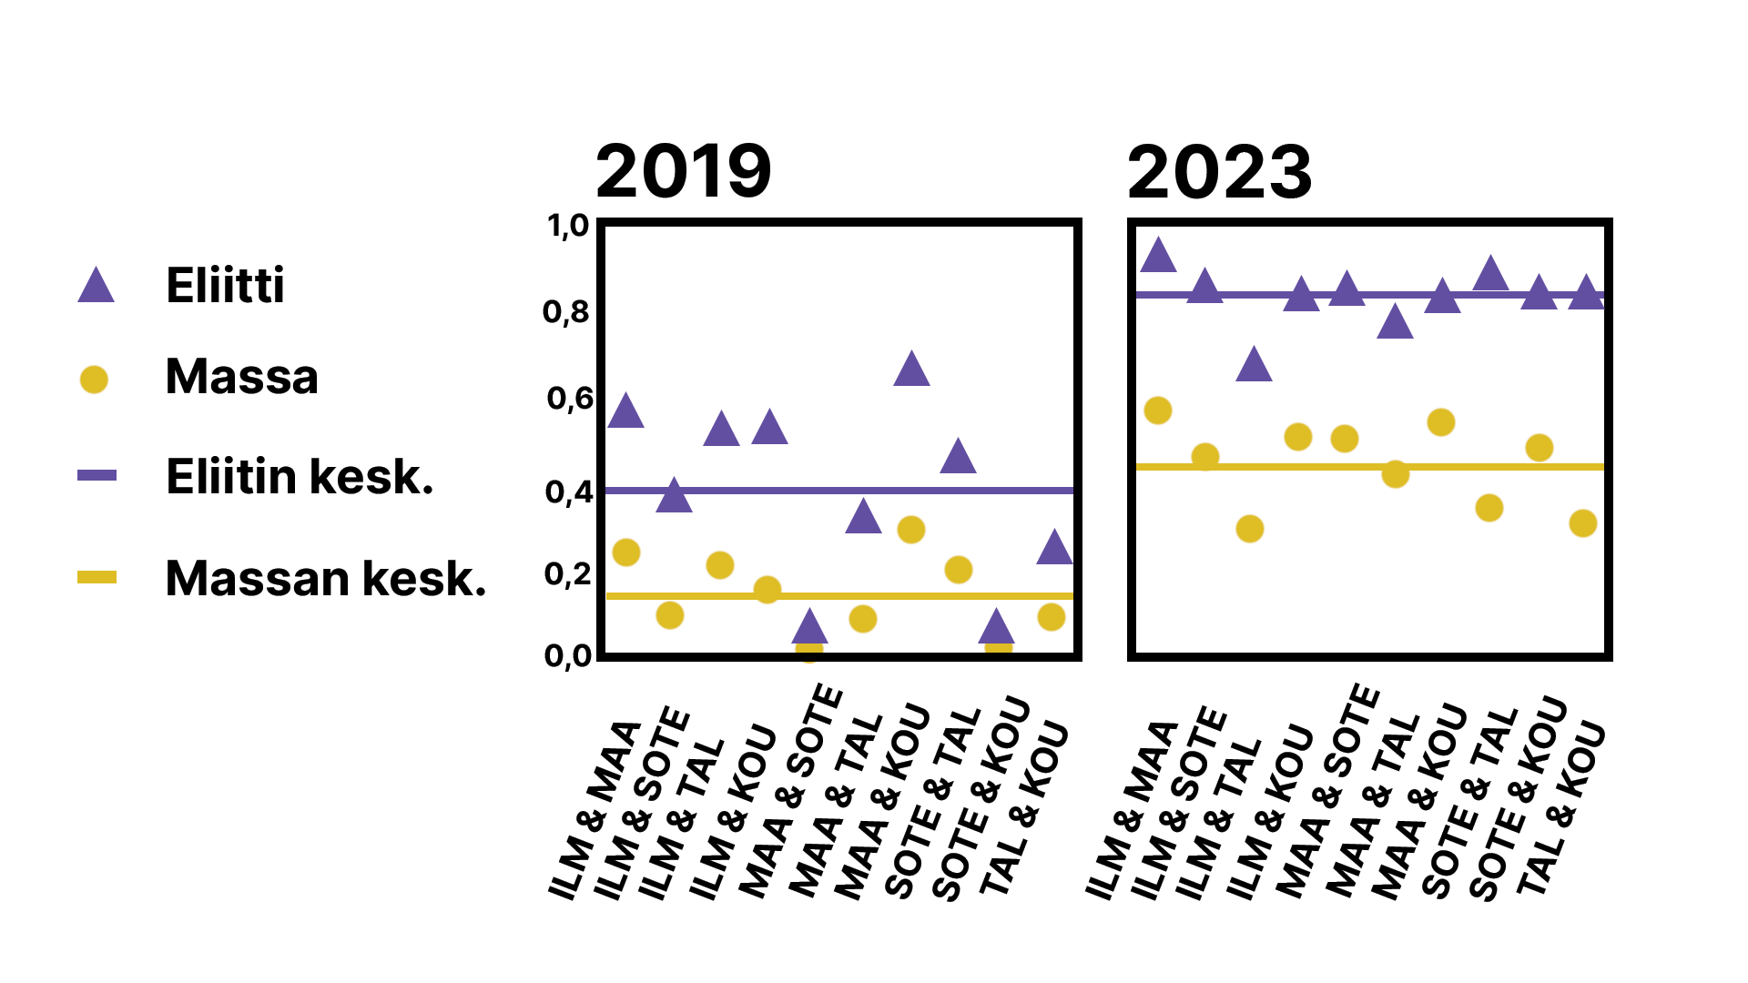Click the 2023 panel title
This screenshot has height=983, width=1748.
[x=1219, y=172]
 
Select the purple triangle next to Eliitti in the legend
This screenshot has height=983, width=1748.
[x=96, y=287]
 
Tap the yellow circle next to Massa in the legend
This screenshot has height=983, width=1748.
[x=94, y=379]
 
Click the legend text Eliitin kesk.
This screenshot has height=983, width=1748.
[x=300, y=476]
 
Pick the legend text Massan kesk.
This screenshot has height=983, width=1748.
[x=326, y=578]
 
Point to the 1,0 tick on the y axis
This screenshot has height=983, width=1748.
[x=568, y=226]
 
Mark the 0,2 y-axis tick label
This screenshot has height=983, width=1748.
[x=568, y=574]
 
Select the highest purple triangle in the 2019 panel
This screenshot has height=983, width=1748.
[x=911, y=370]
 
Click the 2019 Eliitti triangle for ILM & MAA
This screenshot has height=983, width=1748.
[x=625, y=412]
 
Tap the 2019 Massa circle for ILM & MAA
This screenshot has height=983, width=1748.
[x=626, y=552]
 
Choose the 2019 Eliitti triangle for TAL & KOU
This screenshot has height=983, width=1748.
[x=1054, y=549]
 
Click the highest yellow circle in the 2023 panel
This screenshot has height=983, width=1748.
[x=1157, y=410]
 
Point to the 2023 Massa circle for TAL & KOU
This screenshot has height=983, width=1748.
[x=1583, y=523]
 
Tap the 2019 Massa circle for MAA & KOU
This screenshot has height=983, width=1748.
[x=911, y=530]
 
